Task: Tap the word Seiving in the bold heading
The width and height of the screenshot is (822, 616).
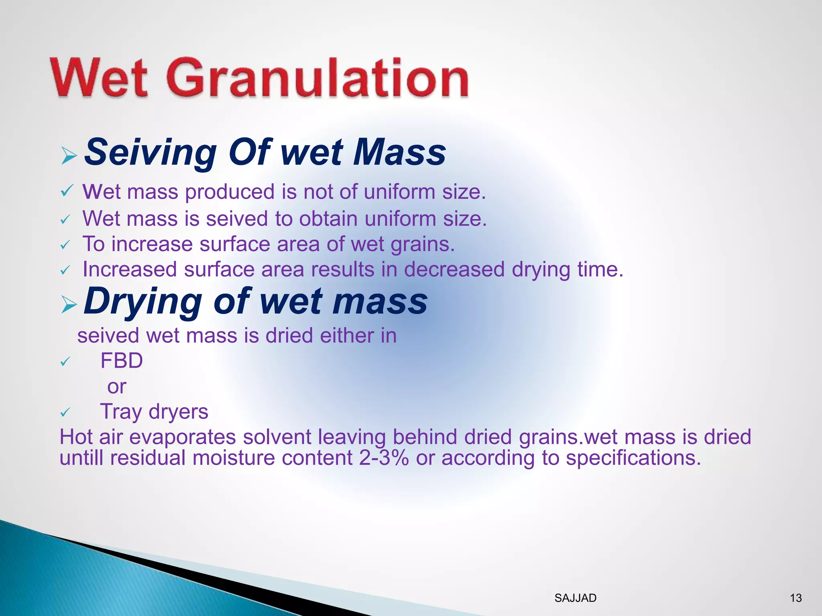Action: click(x=151, y=152)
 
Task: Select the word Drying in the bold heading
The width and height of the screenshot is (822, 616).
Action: click(x=142, y=302)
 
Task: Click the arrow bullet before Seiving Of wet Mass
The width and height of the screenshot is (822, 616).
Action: click(x=69, y=155)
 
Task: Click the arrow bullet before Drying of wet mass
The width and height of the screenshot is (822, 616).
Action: click(x=69, y=306)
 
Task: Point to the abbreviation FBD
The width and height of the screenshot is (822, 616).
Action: click(x=122, y=361)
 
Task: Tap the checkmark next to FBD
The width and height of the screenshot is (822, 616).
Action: click(x=65, y=362)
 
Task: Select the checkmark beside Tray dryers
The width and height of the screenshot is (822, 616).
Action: click(x=65, y=412)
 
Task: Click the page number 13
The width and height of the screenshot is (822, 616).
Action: click(x=796, y=598)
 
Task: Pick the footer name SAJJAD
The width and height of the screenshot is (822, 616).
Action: click(x=575, y=598)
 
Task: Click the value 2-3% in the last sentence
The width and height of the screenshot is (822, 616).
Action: click(x=384, y=458)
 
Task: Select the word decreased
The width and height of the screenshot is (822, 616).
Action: click(x=454, y=269)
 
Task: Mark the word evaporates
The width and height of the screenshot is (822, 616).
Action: click(x=183, y=437)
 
